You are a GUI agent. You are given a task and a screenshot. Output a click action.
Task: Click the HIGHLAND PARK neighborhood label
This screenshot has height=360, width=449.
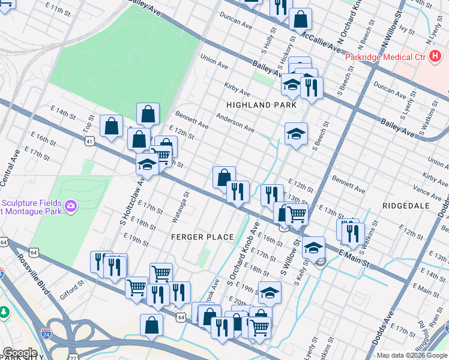[261, 104]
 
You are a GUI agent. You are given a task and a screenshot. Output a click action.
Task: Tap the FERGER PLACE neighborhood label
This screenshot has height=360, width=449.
[202, 237]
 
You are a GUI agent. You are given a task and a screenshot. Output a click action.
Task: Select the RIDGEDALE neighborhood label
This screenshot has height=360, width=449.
[406, 205]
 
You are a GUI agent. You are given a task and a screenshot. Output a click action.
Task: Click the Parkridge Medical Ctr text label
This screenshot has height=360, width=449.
[384, 57]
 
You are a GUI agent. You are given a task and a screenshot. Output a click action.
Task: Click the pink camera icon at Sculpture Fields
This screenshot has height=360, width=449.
[71, 206]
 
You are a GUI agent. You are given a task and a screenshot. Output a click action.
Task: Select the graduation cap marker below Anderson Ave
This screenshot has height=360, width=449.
[296, 134]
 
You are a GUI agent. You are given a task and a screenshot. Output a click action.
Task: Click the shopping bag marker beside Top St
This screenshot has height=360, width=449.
[112, 126]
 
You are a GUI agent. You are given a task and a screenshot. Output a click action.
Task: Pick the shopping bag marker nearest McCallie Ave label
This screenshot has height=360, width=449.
[300, 19]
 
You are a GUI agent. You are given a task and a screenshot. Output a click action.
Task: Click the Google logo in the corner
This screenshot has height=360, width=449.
[20, 353]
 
